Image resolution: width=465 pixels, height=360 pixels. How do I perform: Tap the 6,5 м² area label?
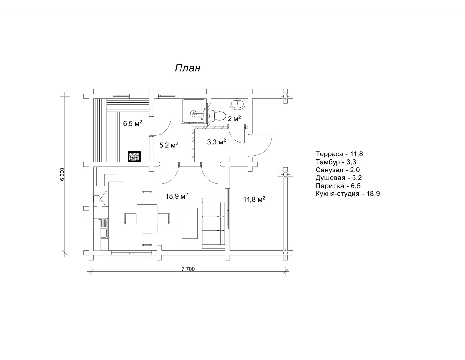(132, 123)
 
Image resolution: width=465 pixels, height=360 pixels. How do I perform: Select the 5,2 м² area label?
(169, 145)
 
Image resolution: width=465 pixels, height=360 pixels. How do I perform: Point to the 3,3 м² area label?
(216, 142)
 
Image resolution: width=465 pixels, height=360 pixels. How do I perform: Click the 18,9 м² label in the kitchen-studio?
(177, 196)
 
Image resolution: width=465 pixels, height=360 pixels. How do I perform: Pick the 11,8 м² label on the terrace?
(254, 199)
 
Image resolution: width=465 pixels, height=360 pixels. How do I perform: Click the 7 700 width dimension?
(188, 269)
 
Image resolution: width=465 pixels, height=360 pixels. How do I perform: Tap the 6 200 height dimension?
(62, 174)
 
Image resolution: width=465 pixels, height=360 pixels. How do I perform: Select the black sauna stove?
(134, 156)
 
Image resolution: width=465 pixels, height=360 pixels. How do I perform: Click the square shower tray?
(194, 111)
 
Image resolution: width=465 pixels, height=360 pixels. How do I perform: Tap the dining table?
(147, 219)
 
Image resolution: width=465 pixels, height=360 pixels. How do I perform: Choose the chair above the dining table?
(147, 198)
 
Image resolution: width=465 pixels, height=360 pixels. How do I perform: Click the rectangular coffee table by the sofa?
(190, 223)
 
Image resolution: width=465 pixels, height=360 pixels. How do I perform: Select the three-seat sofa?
(214, 224)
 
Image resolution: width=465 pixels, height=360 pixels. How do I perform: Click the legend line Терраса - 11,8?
(339, 154)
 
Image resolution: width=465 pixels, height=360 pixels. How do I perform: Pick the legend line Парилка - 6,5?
(338, 186)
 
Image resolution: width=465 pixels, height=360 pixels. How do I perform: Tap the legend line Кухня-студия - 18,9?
(348, 194)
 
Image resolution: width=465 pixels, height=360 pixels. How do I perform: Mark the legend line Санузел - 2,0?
(338, 170)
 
